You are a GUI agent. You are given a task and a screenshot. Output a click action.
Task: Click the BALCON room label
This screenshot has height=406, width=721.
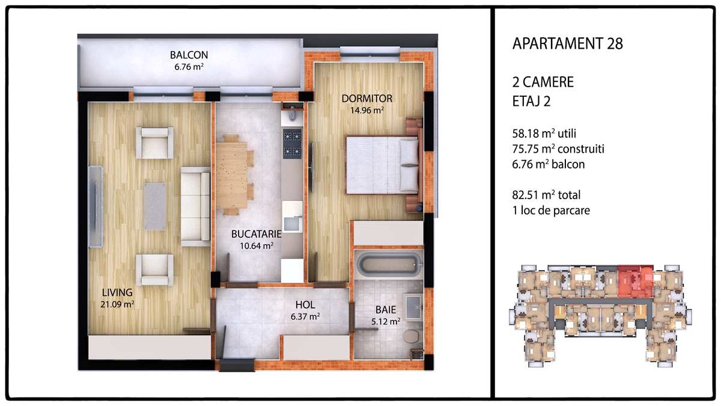(x=189, y=55)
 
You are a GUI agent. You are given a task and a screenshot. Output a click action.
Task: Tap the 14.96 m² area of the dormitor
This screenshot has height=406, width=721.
(x=367, y=110)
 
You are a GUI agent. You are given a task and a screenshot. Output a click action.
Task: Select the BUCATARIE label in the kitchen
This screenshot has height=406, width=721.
(x=256, y=234)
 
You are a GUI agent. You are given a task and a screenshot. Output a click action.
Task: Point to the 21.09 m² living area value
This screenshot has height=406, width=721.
(x=117, y=304)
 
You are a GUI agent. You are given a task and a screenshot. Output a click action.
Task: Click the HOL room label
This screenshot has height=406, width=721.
(x=305, y=305)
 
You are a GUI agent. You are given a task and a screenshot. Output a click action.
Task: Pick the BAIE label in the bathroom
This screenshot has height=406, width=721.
(x=386, y=310)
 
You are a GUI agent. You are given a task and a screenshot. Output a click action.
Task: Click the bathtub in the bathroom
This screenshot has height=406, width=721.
(x=389, y=264)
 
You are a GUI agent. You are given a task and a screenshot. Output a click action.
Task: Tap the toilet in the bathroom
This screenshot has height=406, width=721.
(x=411, y=336)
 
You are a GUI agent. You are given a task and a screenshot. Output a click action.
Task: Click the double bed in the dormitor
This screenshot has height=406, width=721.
(x=384, y=165)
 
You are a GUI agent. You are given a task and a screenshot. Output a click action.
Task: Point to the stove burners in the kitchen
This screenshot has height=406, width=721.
(x=292, y=144)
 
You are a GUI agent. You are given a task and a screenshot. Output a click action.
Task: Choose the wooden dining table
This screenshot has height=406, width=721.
(x=232, y=175)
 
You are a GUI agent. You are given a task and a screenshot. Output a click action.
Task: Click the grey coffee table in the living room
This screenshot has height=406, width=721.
(x=155, y=206)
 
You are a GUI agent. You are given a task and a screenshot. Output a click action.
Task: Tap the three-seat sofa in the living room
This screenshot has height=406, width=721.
(x=195, y=206)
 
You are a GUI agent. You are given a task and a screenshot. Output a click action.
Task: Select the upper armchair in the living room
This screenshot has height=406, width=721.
(x=155, y=143)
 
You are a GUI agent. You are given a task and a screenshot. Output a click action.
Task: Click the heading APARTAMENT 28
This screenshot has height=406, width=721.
(x=567, y=43)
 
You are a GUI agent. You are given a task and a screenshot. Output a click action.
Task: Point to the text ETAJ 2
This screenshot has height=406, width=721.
(x=531, y=101)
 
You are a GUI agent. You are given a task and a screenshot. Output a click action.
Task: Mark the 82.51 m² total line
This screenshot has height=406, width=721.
(x=546, y=195)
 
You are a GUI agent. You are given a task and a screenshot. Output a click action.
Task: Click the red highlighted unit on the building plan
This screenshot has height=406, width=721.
(x=636, y=281)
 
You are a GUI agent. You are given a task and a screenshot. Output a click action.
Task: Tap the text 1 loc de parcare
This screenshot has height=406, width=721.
(x=551, y=211)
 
